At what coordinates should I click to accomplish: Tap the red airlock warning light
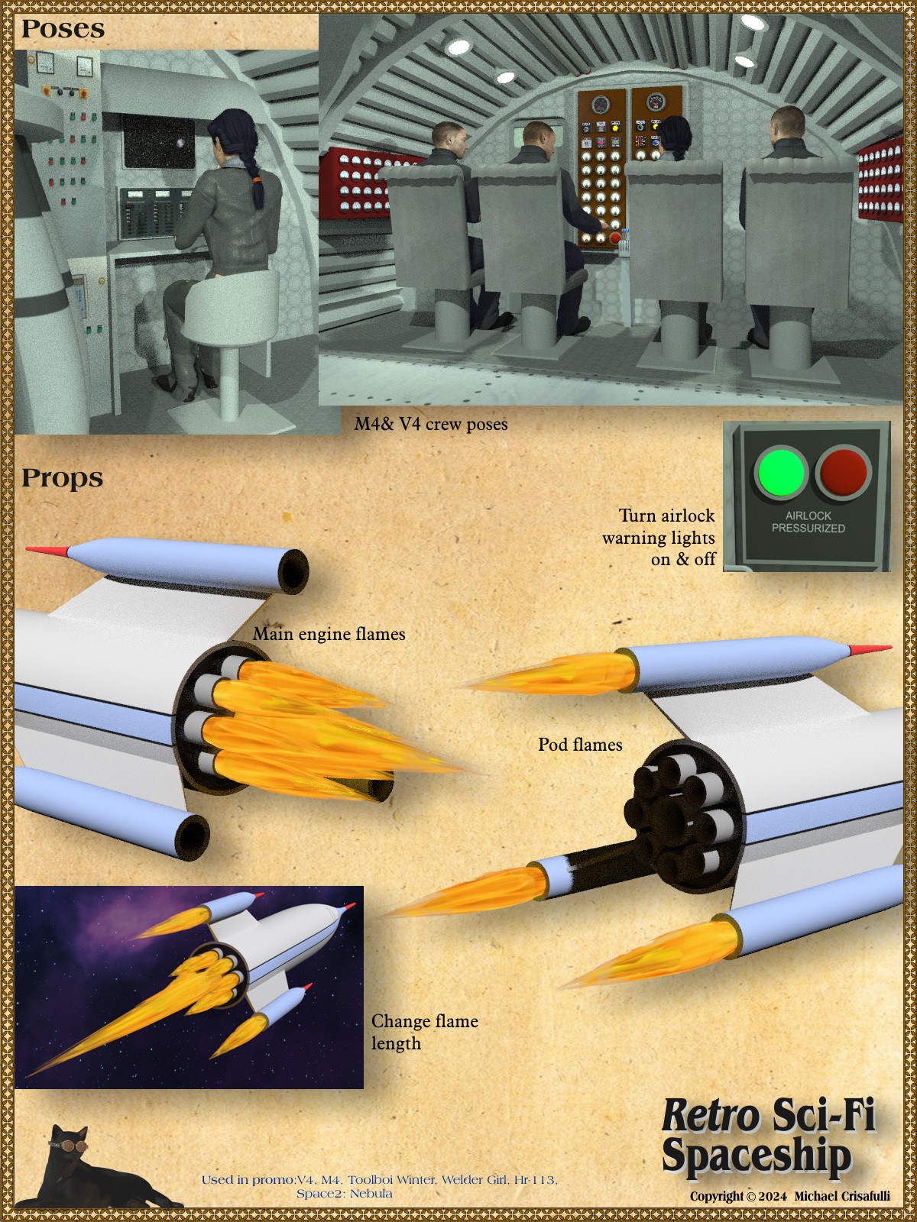(843, 471)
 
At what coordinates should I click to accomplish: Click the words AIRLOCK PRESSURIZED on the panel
(808, 522)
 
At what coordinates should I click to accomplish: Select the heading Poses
(63, 29)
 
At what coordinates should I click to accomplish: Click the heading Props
(63, 477)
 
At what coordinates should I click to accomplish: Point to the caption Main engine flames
(329, 634)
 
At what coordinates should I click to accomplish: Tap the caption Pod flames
(580, 745)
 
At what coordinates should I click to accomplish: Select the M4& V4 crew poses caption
(431, 424)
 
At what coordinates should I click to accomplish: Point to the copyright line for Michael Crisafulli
(789, 1196)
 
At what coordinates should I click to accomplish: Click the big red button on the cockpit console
(614, 238)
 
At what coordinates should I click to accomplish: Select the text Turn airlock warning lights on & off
(659, 537)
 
